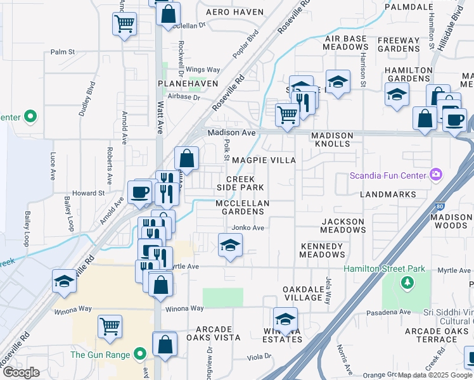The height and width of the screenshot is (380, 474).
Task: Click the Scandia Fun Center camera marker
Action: point(435,174)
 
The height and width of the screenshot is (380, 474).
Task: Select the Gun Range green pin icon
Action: point(140,354)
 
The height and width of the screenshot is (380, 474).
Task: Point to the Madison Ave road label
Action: point(232,132)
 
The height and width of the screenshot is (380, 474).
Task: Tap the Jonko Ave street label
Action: point(248,227)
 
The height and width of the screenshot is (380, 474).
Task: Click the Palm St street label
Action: point(63,52)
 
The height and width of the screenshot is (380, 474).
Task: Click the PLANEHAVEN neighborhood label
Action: point(188,84)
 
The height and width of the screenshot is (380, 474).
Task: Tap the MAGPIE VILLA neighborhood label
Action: point(264,160)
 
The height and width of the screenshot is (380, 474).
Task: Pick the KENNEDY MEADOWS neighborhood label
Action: point(323,250)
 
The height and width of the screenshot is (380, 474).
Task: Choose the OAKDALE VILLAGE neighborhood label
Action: point(303,293)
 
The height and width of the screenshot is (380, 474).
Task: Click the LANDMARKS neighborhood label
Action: point(388,194)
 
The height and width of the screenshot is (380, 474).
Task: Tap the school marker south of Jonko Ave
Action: point(230,245)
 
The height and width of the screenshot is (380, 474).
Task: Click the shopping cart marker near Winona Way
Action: point(110,327)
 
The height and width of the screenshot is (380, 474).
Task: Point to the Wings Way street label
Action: point(203,70)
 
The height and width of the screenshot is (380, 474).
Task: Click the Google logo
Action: point(21,372)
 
